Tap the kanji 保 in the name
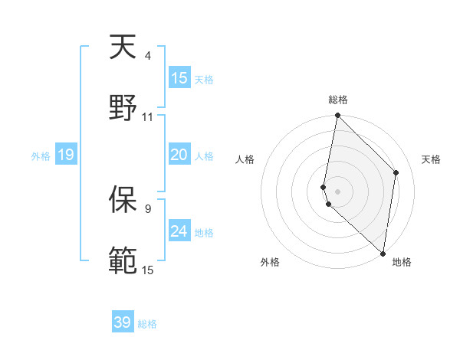(x=123, y=200)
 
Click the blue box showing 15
(x=179, y=78)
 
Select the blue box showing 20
(x=179, y=155)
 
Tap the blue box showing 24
(x=179, y=231)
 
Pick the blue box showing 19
(x=66, y=155)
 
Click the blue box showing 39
(x=123, y=322)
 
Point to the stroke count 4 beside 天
(x=147, y=56)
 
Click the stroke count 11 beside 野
(x=147, y=116)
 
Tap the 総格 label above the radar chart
(x=338, y=100)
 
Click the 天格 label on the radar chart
(x=431, y=159)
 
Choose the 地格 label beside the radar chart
(x=402, y=262)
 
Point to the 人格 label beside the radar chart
(x=245, y=159)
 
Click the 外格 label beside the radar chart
(x=270, y=262)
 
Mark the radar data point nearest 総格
(x=337, y=116)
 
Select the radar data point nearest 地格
(x=383, y=253)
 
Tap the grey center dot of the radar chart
(x=337, y=191)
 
